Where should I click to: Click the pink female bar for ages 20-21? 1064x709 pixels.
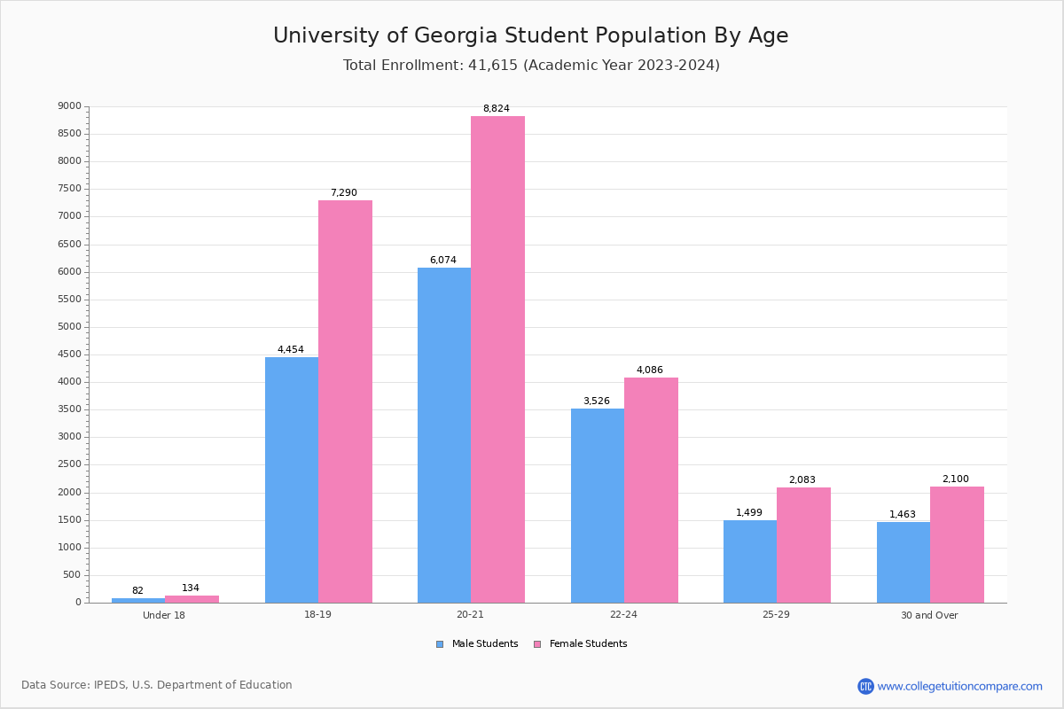click(497, 359)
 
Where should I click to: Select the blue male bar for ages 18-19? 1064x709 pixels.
click(292, 479)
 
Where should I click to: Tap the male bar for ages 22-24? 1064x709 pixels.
click(598, 505)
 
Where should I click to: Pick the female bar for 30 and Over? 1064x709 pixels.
click(957, 544)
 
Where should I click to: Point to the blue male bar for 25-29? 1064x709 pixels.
click(750, 561)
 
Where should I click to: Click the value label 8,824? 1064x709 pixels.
click(497, 109)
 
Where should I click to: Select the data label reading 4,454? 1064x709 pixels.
click(291, 350)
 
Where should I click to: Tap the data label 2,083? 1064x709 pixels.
click(802, 480)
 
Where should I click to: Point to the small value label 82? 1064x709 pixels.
click(137, 591)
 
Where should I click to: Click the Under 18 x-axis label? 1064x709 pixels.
click(164, 615)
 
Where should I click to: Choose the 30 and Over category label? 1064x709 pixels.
click(929, 615)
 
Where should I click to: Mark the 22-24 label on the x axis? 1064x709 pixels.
click(623, 615)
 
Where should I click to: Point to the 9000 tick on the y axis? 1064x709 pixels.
click(70, 106)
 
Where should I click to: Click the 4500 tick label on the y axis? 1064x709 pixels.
click(70, 354)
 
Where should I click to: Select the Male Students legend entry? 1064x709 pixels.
click(484, 644)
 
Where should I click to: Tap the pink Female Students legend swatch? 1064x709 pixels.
click(537, 644)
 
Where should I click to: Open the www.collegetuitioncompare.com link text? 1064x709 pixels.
click(959, 686)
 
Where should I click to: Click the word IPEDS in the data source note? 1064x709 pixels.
click(110, 685)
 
